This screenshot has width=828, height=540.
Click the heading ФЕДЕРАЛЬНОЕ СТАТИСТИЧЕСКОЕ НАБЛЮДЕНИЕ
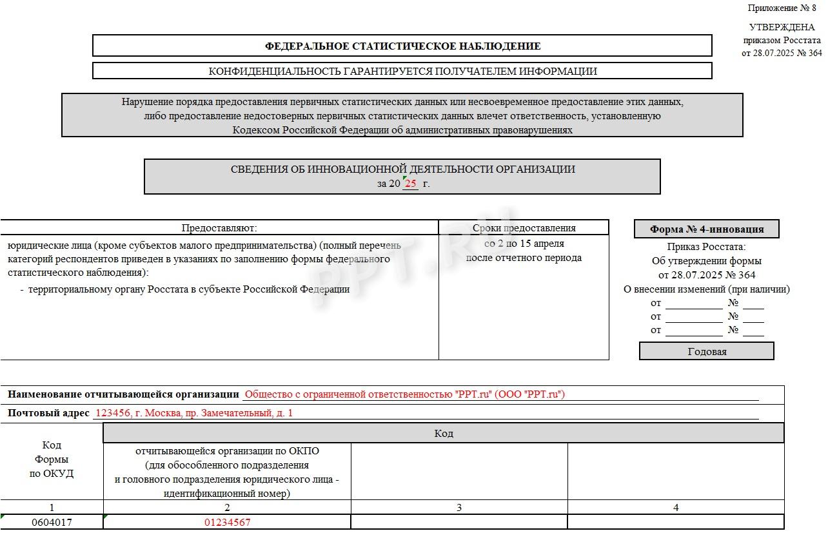402,46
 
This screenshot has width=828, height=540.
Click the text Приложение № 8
782,8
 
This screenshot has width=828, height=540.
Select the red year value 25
411,184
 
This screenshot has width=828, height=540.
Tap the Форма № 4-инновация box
706,229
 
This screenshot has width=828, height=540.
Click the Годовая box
707,351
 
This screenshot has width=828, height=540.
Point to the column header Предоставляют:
219,228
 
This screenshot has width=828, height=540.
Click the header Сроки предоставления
524,228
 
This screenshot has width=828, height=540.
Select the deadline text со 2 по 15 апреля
524,244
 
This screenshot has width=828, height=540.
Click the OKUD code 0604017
52,523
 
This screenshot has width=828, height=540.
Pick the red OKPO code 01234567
227,523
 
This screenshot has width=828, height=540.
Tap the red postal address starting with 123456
193,413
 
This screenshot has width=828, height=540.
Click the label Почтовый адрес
48,413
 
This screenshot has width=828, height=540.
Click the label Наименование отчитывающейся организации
123,394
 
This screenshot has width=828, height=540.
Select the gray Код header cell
444,434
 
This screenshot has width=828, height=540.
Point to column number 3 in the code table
459,508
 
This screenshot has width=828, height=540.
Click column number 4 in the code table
676,508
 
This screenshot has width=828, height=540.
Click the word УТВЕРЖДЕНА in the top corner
782,28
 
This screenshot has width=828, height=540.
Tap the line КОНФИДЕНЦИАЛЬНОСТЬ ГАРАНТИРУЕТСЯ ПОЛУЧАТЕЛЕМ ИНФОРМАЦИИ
402,72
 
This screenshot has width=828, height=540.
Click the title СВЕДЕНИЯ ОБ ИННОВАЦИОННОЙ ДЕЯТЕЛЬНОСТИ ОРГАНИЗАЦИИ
402,169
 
